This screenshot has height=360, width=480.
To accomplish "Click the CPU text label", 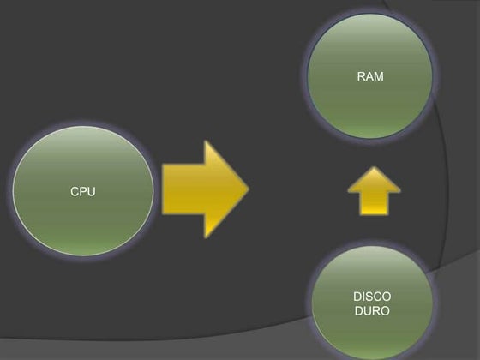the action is tap(83, 192).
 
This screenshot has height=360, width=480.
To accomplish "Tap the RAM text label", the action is tap(370, 76).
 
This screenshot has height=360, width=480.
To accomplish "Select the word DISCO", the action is tap(372, 297).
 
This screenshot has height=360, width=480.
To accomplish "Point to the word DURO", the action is tap(372, 310).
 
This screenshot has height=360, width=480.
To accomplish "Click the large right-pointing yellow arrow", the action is tap(206, 189).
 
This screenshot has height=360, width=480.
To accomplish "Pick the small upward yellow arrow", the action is tap(374, 191).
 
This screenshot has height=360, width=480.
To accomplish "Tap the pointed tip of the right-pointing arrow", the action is tap(249, 189).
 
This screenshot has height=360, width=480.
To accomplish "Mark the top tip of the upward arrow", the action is tap(374, 167).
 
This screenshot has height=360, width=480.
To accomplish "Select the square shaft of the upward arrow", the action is tap(374, 204).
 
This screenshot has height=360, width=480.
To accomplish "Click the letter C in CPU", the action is tap(75, 192).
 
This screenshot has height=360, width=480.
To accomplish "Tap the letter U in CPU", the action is tap(92, 192).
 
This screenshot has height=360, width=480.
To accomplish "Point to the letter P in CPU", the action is tap(83, 192).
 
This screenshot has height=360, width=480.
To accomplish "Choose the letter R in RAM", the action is tap(361, 76).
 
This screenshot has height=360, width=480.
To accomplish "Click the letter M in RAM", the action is tap(379, 76).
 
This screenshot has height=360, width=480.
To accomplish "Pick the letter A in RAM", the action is tap(369, 76).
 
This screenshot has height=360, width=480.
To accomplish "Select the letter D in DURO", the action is tap(358, 310).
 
